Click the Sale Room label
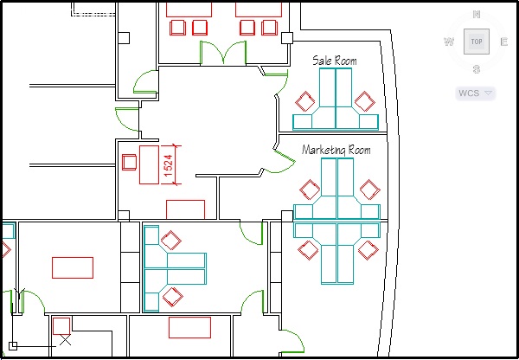334,61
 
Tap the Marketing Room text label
336,151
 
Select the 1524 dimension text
170,163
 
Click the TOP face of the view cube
476,41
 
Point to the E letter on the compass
503,42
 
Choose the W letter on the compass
448,42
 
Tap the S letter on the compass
476,69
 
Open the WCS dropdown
475,93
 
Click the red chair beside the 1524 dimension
130,161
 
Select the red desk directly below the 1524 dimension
185,209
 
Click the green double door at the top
225,53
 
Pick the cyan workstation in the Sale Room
336,100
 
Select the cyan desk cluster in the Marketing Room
336,221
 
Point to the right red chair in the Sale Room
367,100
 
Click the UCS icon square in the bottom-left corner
13,347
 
